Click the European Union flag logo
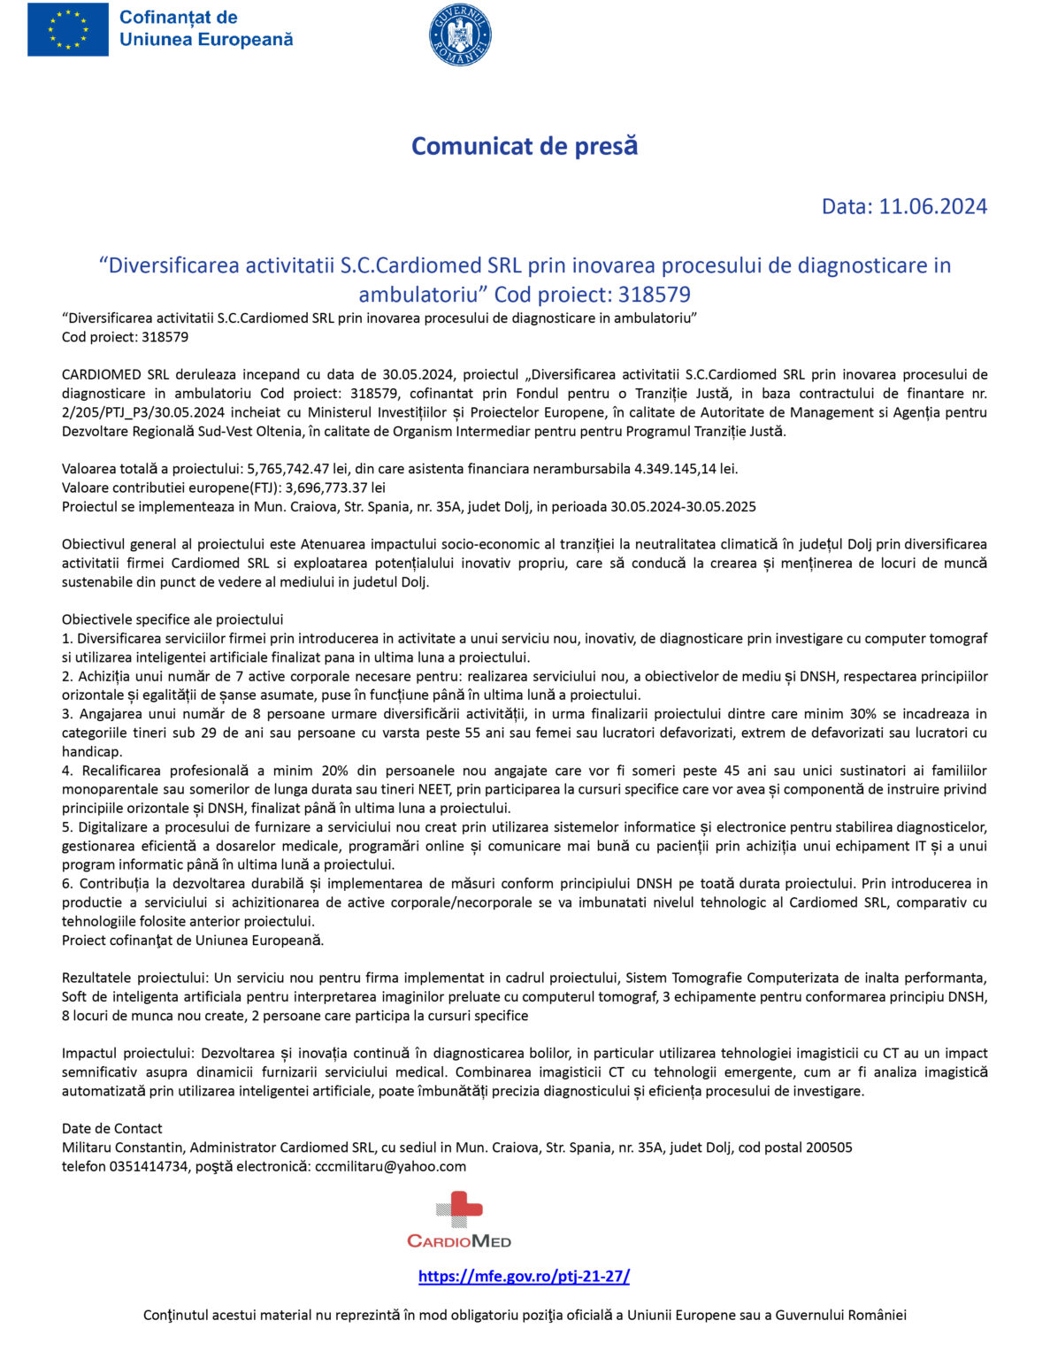coord(68,29)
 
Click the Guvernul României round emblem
coord(460,35)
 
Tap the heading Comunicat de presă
coord(525,146)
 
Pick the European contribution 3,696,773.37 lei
coord(335,488)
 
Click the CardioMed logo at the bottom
coord(459,1220)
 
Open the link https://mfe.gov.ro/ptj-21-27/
coord(524,1277)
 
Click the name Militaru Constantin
coord(123,1148)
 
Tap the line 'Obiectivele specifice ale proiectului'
coord(172,619)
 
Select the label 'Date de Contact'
coord(112,1129)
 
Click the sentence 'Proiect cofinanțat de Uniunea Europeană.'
coord(193,941)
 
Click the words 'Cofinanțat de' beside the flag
coord(178,18)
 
